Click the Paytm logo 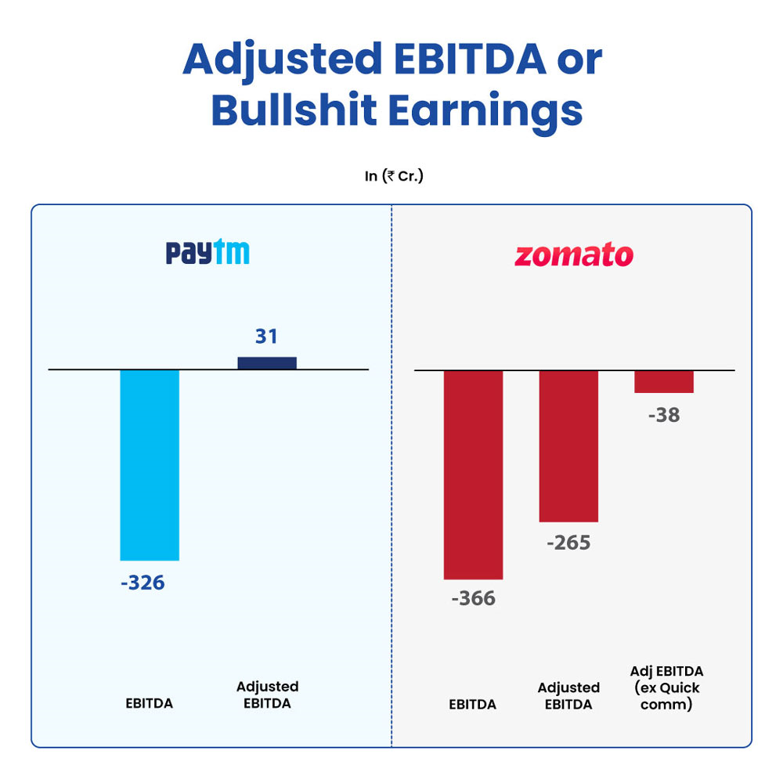coord(207,253)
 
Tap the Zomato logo coord(573,255)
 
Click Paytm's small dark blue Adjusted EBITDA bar coord(267,363)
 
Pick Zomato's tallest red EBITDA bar coord(473,474)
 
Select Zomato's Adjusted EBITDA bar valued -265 coord(568,446)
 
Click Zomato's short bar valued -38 coord(664,381)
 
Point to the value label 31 coord(266,337)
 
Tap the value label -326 coord(143,583)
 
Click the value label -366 coord(473,598)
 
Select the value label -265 coord(568,543)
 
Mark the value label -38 coord(664,415)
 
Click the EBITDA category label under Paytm coord(149,703)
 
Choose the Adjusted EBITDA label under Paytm coord(267,695)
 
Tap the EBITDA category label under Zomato coord(472,704)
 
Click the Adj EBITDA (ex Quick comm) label coord(666,687)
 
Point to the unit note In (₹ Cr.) coord(394,176)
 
